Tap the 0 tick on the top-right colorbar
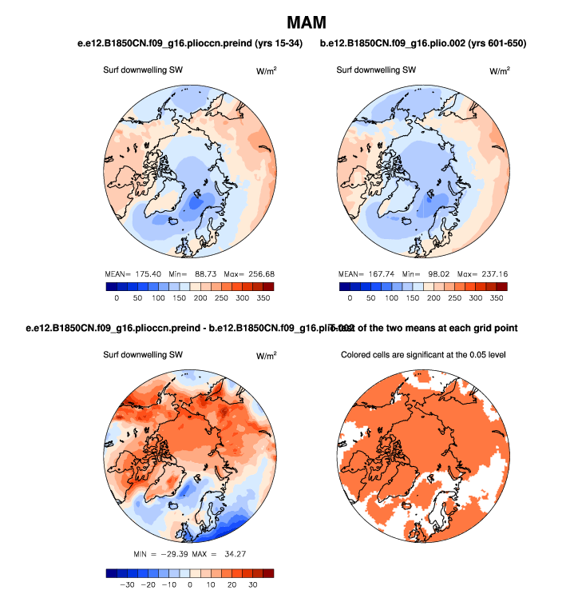(x=349, y=297)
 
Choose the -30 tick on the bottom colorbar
(x=125, y=584)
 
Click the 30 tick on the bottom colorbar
(x=252, y=584)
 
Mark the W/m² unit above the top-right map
(x=499, y=70)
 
